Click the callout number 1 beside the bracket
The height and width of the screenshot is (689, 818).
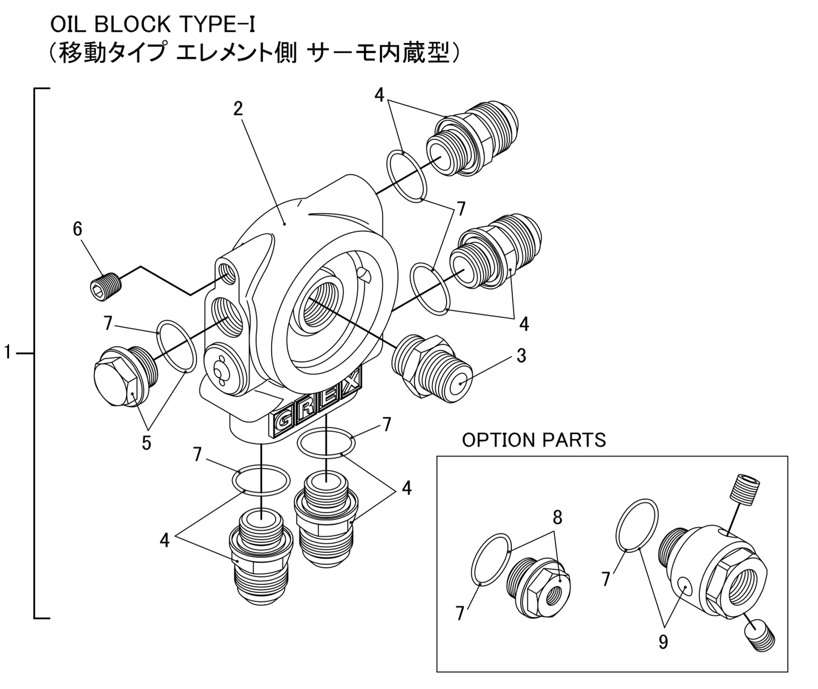pos(7,353)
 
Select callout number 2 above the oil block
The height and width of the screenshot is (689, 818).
pos(238,109)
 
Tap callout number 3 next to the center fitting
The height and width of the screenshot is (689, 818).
pos(521,356)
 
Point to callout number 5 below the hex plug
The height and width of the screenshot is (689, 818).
pos(146,442)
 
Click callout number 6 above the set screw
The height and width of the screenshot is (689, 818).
pos(78,229)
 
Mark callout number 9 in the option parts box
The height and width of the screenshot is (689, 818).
pos(663,642)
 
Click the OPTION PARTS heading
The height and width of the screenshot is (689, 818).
pos(533,440)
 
